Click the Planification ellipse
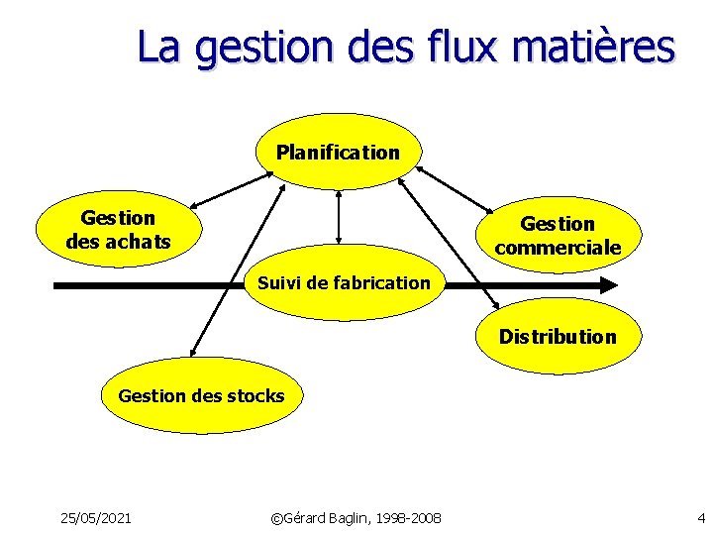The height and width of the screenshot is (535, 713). click(339, 153)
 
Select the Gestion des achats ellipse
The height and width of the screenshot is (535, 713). click(117, 230)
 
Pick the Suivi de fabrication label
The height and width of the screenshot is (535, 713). click(344, 283)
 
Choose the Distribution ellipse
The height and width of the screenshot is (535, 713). click(558, 337)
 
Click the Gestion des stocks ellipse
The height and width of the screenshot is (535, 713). click(201, 396)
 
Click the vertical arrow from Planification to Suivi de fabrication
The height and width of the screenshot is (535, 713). click(339, 216)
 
